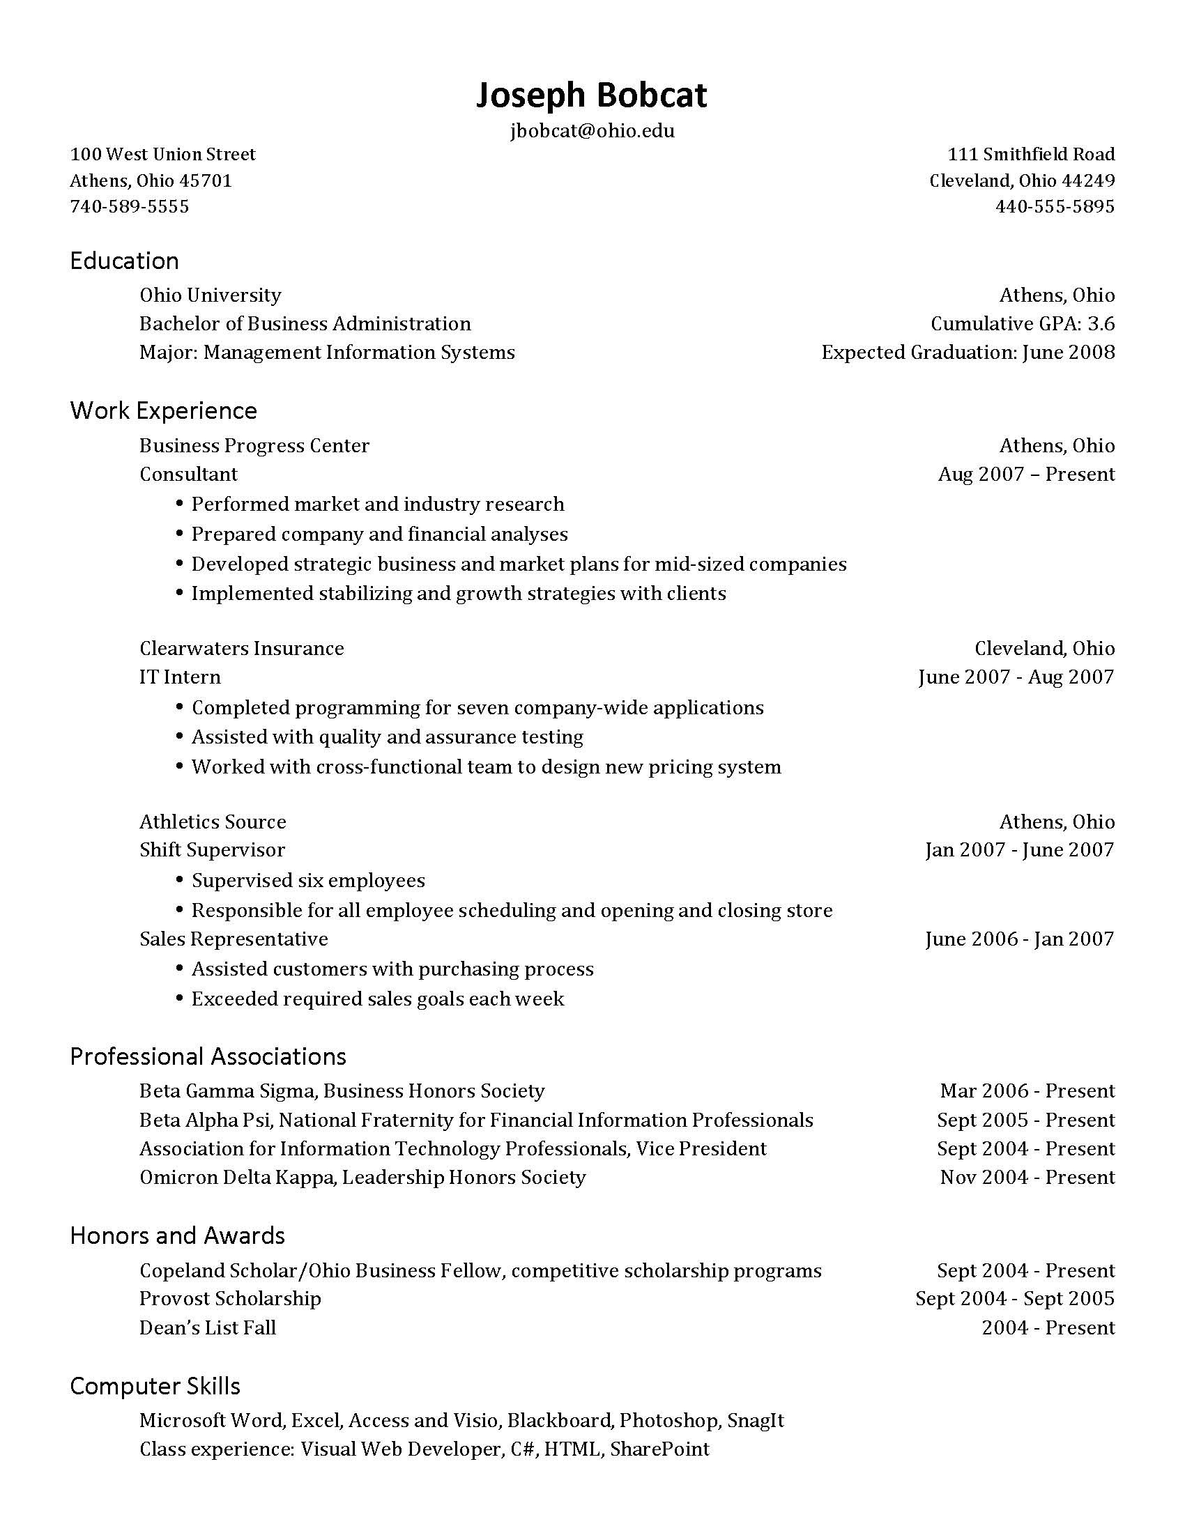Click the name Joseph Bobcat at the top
pyautogui.click(x=591, y=95)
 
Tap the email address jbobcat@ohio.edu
pyautogui.click(x=592, y=130)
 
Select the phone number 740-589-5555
pyautogui.click(x=129, y=206)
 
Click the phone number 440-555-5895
pyautogui.click(x=1055, y=206)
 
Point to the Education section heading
pyautogui.click(x=124, y=261)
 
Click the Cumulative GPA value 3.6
pyautogui.click(x=1101, y=323)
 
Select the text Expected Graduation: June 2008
pyautogui.click(x=968, y=353)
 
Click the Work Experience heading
pyautogui.click(x=164, y=410)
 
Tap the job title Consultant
pyautogui.click(x=188, y=475)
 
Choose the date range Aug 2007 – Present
pyautogui.click(x=1025, y=475)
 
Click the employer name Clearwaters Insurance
pyautogui.click(x=241, y=649)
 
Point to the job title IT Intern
pyautogui.click(x=180, y=677)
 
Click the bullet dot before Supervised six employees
pyautogui.click(x=180, y=880)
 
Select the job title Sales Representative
pyautogui.click(x=233, y=939)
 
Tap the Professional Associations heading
pyautogui.click(x=208, y=1057)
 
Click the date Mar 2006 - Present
pyautogui.click(x=1027, y=1091)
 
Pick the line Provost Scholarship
pyautogui.click(x=230, y=1299)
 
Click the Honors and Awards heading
pyautogui.click(x=177, y=1236)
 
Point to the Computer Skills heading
pyautogui.click(x=155, y=1386)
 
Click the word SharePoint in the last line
pyautogui.click(x=659, y=1449)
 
